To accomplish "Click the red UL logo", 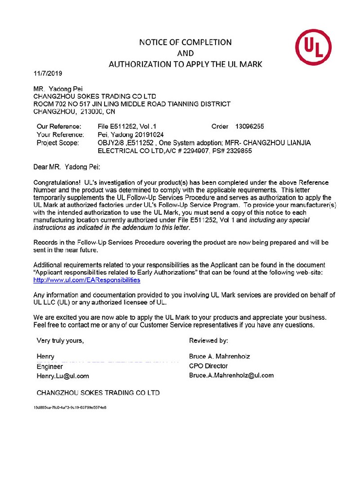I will tap(313, 48).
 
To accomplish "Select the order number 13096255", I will tap(250, 126).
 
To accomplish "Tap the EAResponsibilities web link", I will tap(87, 280).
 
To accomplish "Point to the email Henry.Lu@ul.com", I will tap(63, 376).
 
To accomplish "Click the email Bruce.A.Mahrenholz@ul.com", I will tap(231, 375).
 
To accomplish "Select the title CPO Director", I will tap(208, 366).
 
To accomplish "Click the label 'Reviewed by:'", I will tap(208, 341).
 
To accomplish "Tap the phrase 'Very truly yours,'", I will tap(60, 341).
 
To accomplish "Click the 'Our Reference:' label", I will tap(59, 126).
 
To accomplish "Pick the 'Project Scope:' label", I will tap(58, 143).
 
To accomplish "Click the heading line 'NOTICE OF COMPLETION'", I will tap(185, 42).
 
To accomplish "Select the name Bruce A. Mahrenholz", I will tap(219, 356).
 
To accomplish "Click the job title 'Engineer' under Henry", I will tap(50, 366).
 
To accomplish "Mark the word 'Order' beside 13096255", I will tap(220, 126).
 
